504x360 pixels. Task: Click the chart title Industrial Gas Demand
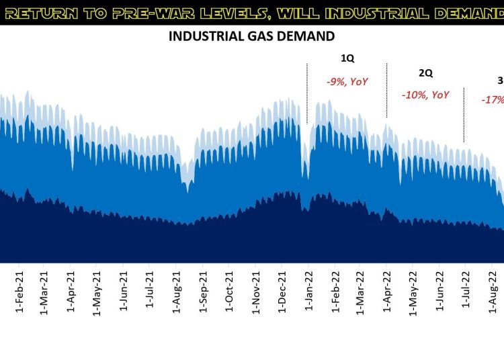[251, 36]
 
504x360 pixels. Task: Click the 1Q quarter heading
[346, 58]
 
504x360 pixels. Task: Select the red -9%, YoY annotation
[347, 81]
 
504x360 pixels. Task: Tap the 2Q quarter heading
[425, 72]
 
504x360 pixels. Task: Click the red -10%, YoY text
[425, 95]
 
